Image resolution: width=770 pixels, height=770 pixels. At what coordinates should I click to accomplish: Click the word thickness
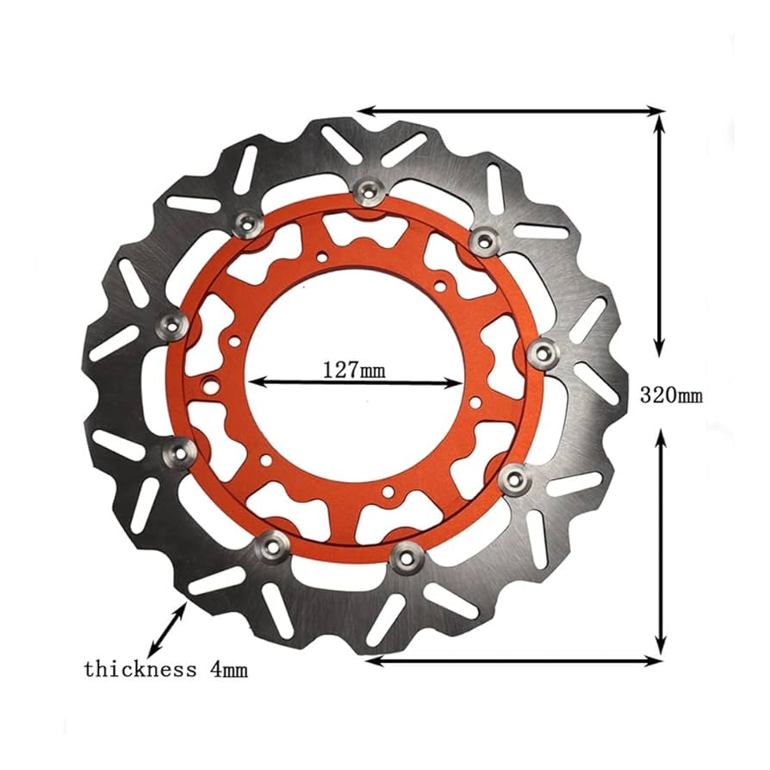point(140,668)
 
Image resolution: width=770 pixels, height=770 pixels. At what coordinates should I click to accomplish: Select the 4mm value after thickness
point(229,668)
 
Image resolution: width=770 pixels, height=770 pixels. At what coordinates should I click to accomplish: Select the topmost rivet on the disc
point(369,190)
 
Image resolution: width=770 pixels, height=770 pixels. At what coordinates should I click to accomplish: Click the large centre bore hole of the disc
point(355,405)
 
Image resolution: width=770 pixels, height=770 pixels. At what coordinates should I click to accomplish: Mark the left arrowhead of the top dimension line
point(363,110)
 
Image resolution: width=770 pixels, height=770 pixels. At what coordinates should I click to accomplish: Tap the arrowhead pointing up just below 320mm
point(660,435)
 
